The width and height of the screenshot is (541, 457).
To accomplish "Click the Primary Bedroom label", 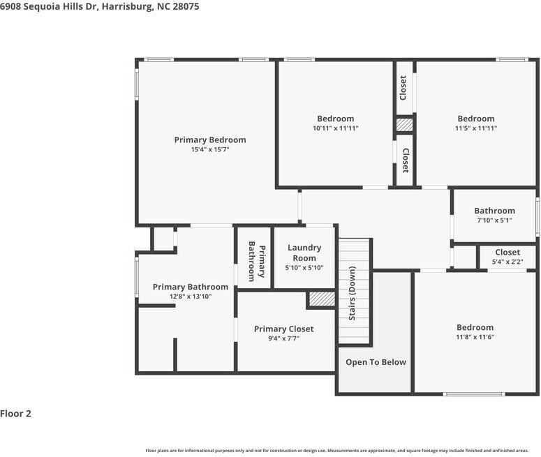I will [209, 140].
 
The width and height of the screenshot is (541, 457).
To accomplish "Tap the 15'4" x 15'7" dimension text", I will [209, 150].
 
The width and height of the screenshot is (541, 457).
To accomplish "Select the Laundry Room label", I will [304, 253].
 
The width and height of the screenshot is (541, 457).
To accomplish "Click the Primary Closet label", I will [283, 329].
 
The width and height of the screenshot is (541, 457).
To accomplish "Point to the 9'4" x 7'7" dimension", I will [283, 339].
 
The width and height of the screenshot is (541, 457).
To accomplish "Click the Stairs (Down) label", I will [353, 294].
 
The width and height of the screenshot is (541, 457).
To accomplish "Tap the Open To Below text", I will [376, 362].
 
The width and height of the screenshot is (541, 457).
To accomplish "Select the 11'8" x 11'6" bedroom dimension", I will [475, 338].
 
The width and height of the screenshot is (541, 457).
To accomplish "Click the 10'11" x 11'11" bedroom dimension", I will [335, 129].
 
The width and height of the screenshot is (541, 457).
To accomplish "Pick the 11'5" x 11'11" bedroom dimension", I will [475, 129].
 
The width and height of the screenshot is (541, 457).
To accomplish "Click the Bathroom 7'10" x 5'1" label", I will [494, 211].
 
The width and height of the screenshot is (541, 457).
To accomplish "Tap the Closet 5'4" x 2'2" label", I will [507, 253].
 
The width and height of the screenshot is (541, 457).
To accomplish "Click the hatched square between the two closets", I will [405, 126].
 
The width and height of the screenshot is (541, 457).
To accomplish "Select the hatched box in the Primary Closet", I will [322, 299].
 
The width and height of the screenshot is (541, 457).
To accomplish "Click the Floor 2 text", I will [16, 414].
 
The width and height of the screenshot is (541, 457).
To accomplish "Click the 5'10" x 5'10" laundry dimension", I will [304, 268].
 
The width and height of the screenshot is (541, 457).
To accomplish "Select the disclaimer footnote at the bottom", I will [337, 451].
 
